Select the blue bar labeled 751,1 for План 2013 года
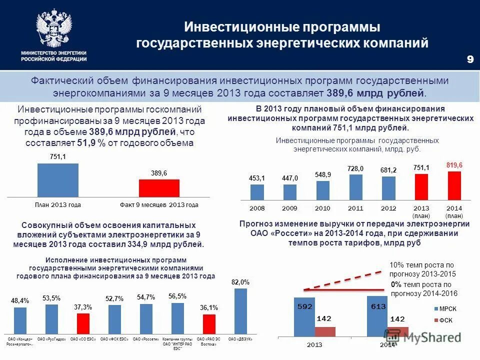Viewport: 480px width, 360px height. click(57, 180)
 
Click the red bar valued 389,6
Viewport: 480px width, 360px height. click(159, 188)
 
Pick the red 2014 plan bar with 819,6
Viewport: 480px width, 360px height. click(454, 186)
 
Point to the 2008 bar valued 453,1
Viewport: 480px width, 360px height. click(257, 192)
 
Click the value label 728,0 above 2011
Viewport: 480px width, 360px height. click(355, 169)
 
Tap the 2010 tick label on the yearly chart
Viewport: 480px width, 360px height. click(322, 207)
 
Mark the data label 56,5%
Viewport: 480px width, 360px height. click(177, 295)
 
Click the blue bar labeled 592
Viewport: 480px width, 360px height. click(304, 318)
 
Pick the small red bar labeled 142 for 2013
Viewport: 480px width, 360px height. click(325, 331)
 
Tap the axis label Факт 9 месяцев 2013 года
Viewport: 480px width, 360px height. click(159, 205)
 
